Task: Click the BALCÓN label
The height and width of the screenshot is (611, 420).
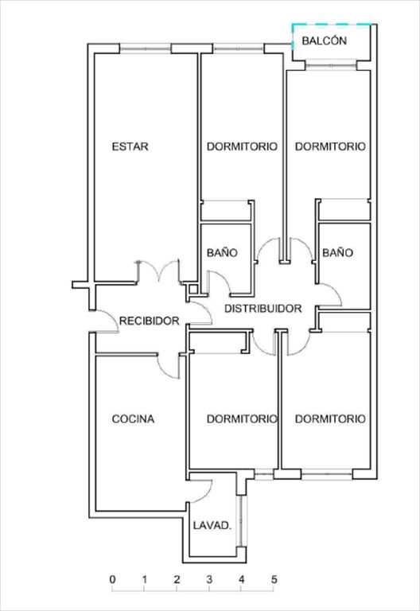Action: click(x=325, y=41)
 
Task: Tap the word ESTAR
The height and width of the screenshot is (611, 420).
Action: click(x=130, y=146)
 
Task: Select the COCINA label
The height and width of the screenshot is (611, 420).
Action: click(x=134, y=419)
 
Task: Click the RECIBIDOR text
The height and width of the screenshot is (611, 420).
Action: click(x=150, y=321)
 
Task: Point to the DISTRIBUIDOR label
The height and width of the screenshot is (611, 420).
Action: click(x=263, y=309)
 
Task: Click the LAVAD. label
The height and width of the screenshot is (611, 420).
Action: click(x=212, y=525)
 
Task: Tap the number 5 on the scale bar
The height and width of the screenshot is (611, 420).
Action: click(x=274, y=579)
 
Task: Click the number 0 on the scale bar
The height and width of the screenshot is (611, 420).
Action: click(x=113, y=579)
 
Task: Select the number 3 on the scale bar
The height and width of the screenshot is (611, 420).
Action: click(x=209, y=579)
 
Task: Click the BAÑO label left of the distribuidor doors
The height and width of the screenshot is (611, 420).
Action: click(x=222, y=252)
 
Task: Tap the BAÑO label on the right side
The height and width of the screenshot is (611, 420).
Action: click(x=337, y=252)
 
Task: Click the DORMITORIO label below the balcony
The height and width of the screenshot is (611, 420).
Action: click(x=330, y=146)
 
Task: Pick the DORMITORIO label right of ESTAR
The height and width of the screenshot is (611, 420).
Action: click(x=242, y=146)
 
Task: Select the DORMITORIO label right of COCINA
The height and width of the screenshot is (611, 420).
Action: click(x=242, y=419)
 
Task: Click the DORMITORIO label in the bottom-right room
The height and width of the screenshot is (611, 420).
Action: click(x=330, y=419)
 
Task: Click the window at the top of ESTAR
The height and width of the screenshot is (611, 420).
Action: click(x=145, y=49)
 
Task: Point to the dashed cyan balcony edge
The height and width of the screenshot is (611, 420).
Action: click(x=332, y=25)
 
